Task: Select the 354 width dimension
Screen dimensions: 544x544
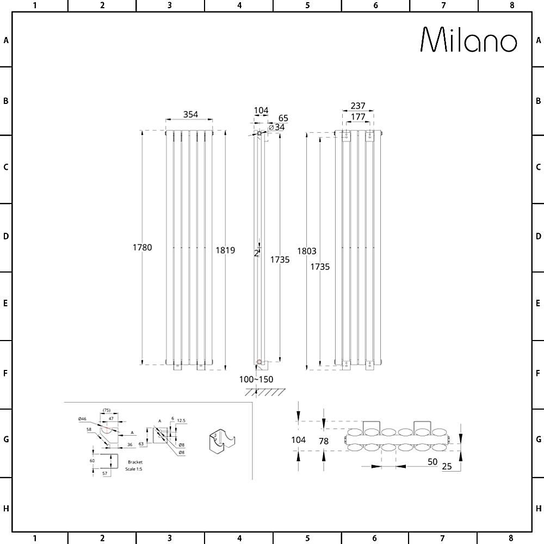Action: click(x=190, y=114)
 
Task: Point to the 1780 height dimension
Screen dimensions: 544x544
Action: click(x=142, y=248)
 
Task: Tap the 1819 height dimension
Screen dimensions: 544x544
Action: click(x=225, y=250)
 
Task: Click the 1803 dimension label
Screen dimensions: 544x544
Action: click(x=307, y=251)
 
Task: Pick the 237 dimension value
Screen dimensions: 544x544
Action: click(x=358, y=106)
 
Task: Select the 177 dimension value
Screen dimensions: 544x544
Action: click(x=358, y=116)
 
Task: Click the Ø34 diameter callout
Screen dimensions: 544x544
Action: click(x=277, y=127)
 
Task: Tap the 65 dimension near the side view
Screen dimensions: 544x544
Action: click(x=283, y=118)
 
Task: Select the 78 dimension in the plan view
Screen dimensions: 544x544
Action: click(x=324, y=441)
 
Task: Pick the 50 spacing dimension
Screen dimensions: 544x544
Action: click(x=432, y=461)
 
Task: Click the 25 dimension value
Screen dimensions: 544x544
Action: click(x=448, y=466)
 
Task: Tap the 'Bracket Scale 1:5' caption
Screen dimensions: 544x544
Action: click(x=133, y=466)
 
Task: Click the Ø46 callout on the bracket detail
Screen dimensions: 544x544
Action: click(x=82, y=418)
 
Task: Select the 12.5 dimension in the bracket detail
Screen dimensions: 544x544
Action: click(x=181, y=420)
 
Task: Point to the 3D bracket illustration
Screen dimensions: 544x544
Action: click(x=222, y=441)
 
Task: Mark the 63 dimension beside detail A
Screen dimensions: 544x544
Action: click(x=141, y=444)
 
